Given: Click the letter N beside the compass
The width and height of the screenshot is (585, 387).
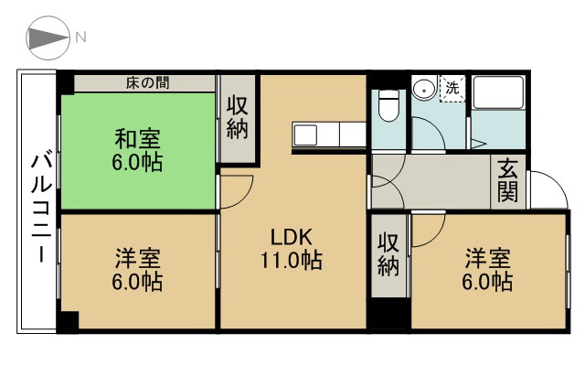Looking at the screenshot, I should (81, 38).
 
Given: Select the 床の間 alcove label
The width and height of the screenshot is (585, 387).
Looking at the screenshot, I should (145, 83).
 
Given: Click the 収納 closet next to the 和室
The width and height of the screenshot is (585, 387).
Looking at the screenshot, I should (238, 119).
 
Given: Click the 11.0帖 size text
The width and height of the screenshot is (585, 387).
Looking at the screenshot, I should (292, 260).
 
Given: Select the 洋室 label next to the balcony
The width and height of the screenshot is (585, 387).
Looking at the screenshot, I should (137, 257).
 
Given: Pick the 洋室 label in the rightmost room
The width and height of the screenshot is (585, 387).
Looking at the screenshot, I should (486, 257).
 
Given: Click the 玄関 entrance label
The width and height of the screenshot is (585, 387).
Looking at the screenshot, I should (508, 182).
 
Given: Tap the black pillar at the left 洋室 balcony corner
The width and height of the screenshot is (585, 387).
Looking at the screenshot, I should (68, 321).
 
